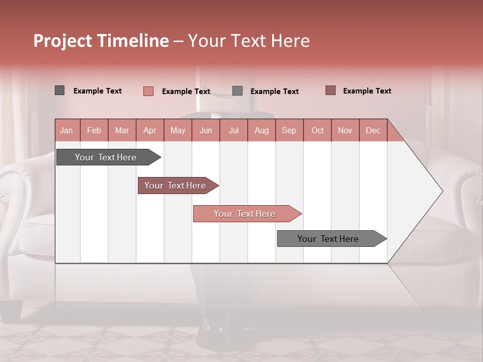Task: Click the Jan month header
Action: (66, 130)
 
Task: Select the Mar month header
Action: (122, 130)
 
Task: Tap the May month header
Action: (178, 130)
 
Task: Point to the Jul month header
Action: (233, 130)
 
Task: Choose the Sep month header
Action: (289, 130)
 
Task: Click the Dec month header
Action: (373, 130)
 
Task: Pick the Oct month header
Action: (317, 130)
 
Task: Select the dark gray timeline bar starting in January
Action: (106, 157)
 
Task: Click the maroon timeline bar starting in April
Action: (176, 186)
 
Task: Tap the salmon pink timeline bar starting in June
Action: (245, 214)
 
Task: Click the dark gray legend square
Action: (60, 90)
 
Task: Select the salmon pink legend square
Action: (148, 91)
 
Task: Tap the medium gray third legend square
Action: (237, 91)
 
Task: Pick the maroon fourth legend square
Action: (331, 90)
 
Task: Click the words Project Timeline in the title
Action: (101, 41)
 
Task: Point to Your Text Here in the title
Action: (249, 41)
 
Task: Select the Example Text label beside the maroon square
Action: (367, 91)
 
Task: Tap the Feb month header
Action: (94, 130)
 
